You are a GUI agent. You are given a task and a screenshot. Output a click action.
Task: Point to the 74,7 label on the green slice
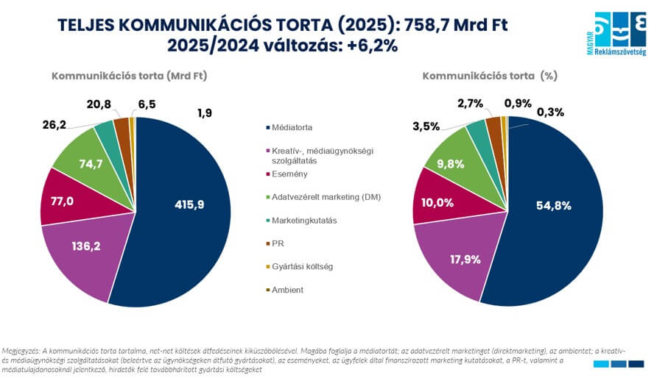(x=91, y=164)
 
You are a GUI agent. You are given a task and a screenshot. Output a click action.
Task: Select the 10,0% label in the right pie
(x=437, y=202)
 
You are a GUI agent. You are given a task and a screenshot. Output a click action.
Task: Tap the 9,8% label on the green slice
(x=462, y=163)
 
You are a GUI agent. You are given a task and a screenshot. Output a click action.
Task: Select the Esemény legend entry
(x=289, y=174)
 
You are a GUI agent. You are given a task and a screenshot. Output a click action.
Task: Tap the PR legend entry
(x=278, y=243)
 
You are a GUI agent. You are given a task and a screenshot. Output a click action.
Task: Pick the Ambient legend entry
(x=287, y=290)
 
